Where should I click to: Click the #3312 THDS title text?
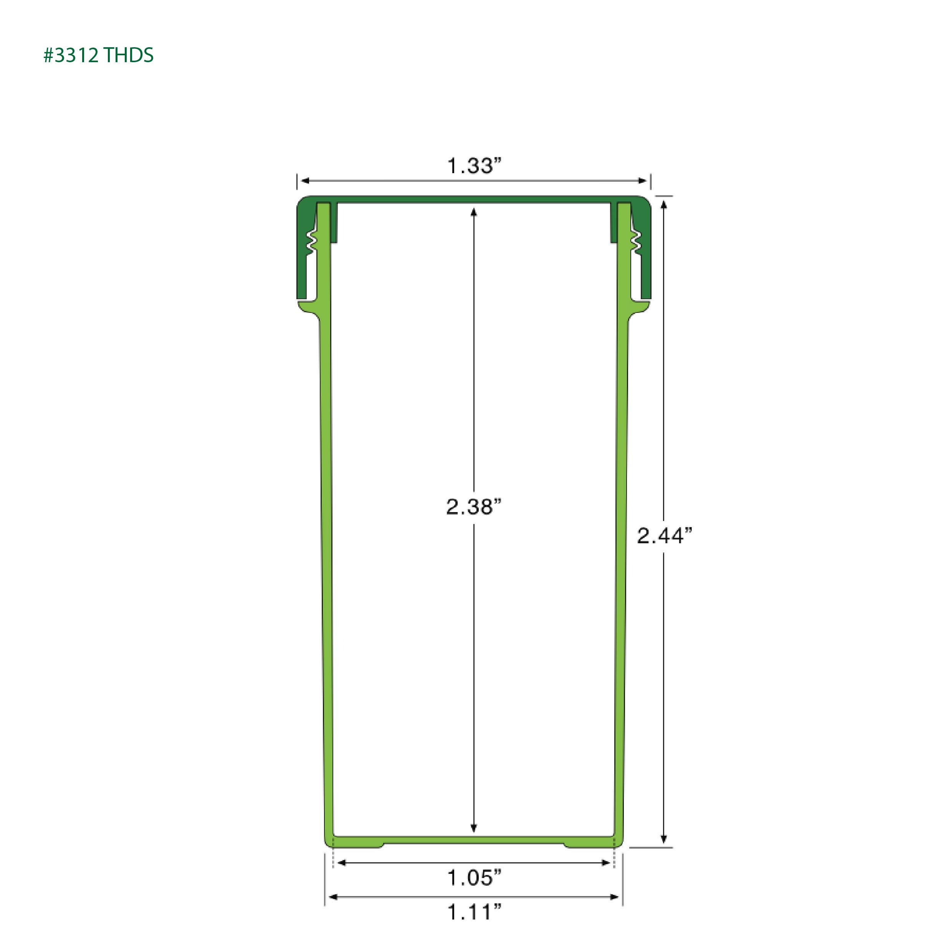98,55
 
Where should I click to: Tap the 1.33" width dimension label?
473,166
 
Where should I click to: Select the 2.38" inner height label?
473,507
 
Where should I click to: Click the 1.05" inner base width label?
473,877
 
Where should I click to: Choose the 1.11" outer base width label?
473,912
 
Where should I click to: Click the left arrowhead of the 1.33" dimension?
306,181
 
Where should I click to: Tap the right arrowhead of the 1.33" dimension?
642,181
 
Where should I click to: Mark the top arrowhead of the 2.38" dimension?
474,212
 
